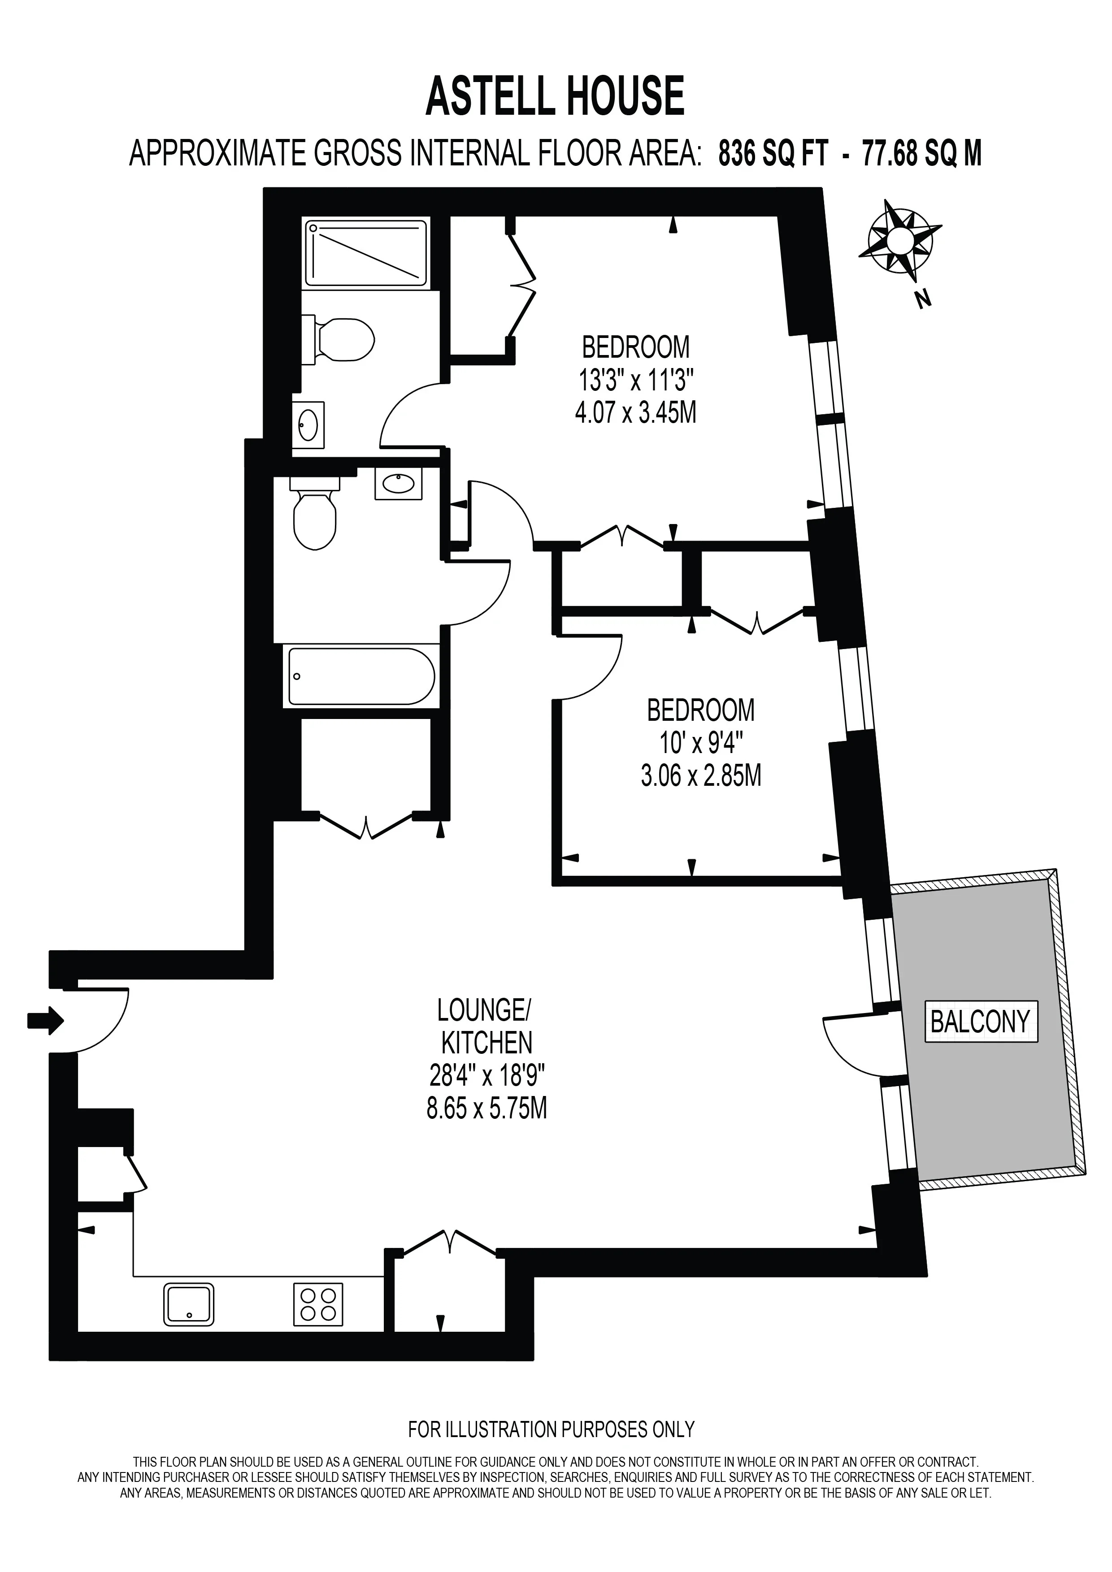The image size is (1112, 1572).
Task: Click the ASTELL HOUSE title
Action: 555,96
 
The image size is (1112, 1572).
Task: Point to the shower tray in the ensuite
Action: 366,253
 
